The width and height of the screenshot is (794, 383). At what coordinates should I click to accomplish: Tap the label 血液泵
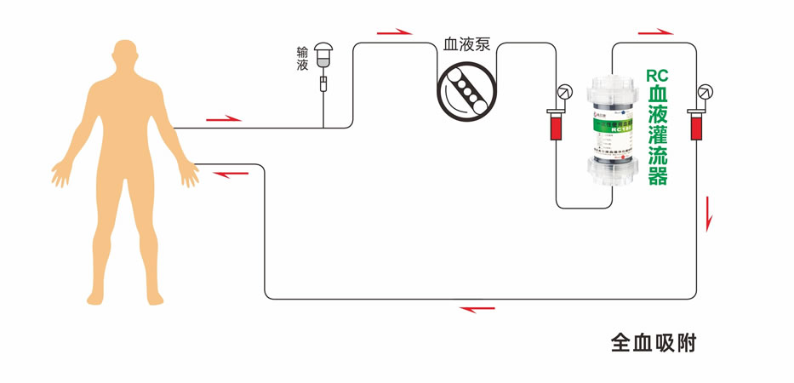tap(466, 44)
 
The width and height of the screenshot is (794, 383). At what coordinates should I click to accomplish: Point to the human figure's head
tap(125, 60)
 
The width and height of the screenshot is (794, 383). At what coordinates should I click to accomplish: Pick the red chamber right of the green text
tap(695, 125)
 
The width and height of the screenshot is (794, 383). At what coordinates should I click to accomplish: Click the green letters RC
tap(657, 74)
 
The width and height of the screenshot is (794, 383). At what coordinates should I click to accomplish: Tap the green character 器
tap(658, 176)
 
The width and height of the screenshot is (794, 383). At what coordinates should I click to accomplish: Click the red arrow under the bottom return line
tap(477, 308)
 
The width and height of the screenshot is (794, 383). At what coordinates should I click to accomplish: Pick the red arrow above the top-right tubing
tap(655, 32)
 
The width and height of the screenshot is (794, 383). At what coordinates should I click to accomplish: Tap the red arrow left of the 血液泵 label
tap(394, 32)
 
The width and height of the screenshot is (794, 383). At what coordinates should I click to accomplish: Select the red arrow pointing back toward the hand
tap(231, 174)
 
